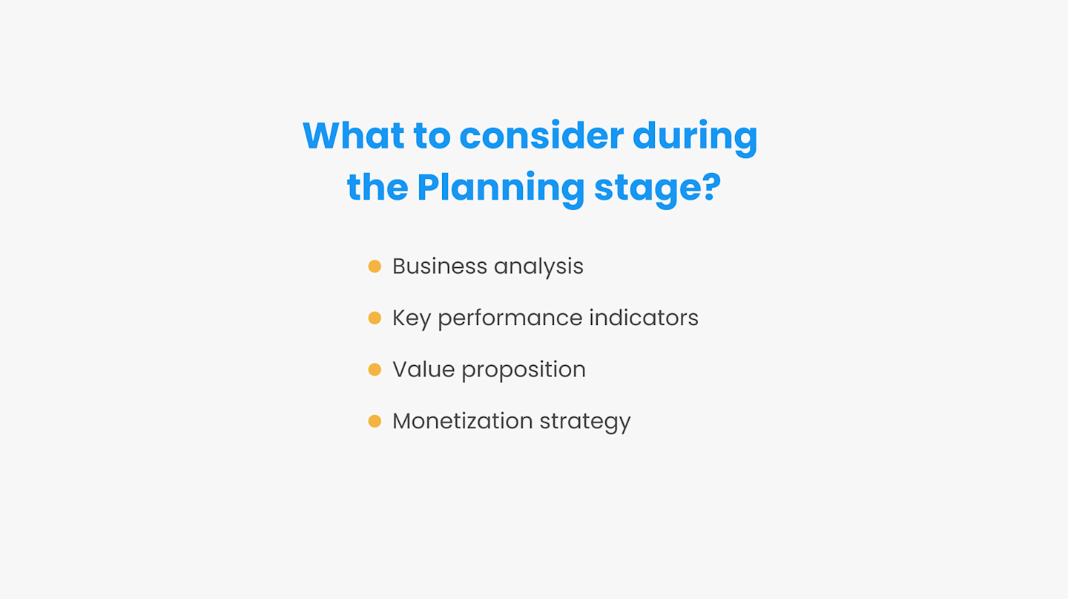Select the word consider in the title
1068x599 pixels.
(x=541, y=136)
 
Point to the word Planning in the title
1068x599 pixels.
(x=501, y=188)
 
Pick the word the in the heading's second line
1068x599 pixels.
(x=377, y=188)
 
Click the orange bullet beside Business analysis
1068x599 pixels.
(x=375, y=266)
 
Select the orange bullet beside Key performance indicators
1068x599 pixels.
(x=375, y=318)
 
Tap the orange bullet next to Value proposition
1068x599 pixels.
(x=375, y=370)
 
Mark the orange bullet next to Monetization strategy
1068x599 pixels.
(x=375, y=421)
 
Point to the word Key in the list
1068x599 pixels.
(x=411, y=318)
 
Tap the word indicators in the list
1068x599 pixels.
(x=644, y=318)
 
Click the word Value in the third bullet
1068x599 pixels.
(x=423, y=370)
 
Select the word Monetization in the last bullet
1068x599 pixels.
(x=462, y=421)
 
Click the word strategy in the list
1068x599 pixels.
(x=585, y=422)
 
